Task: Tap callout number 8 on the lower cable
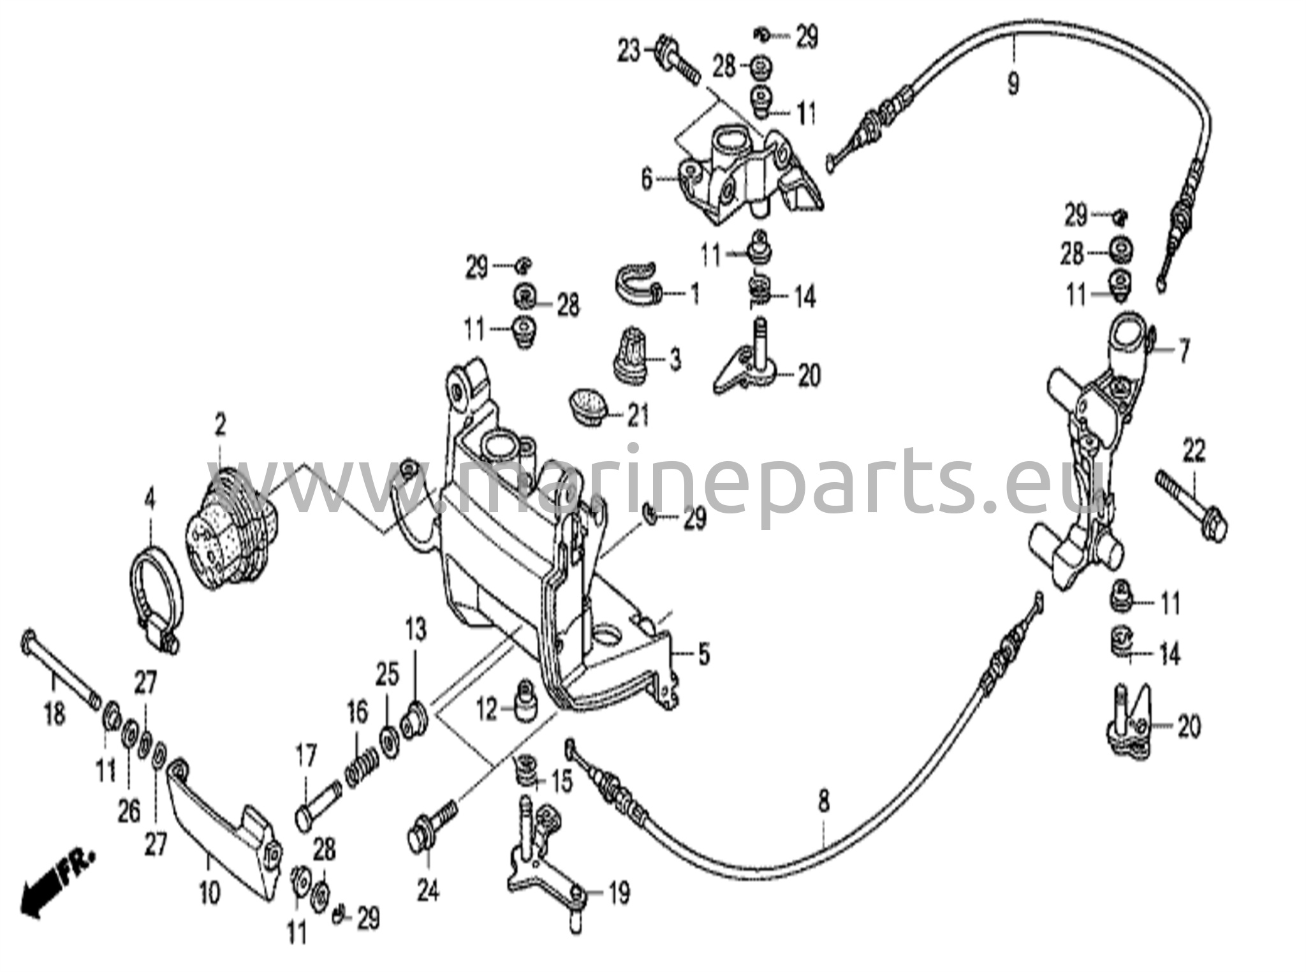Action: tap(823, 802)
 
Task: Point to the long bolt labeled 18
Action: tap(60, 670)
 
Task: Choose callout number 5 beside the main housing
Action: tap(703, 654)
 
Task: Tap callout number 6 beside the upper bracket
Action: tap(647, 180)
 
